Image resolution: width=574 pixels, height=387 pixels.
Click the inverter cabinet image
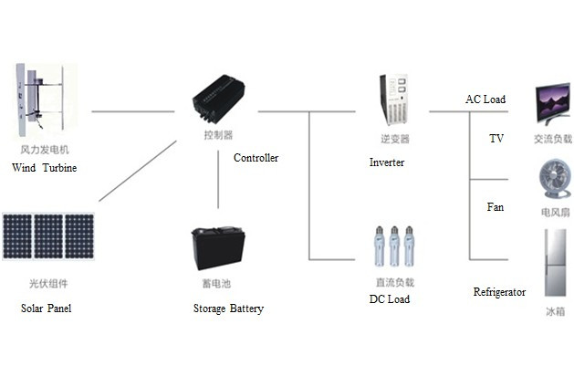pyautogui.click(x=394, y=100)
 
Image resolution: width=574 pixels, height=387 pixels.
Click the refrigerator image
pyautogui.click(x=554, y=264)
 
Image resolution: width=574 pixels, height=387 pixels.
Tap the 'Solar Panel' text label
pyautogui.click(x=46, y=309)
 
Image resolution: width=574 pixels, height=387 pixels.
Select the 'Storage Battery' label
pyautogui.click(x=228, y=309)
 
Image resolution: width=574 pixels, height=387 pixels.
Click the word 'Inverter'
pyautogui.click(x=386, y=162)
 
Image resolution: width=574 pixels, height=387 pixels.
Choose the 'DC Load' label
pyautogui.click(x=389, y=299)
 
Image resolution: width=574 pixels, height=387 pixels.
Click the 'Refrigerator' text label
pyautogui.click(x=499, y=292)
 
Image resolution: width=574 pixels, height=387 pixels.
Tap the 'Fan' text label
pyautogui.click(x=495, y=207)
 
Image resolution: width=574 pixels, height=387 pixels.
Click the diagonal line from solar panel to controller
pyautogui.click(x=137, y=173)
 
